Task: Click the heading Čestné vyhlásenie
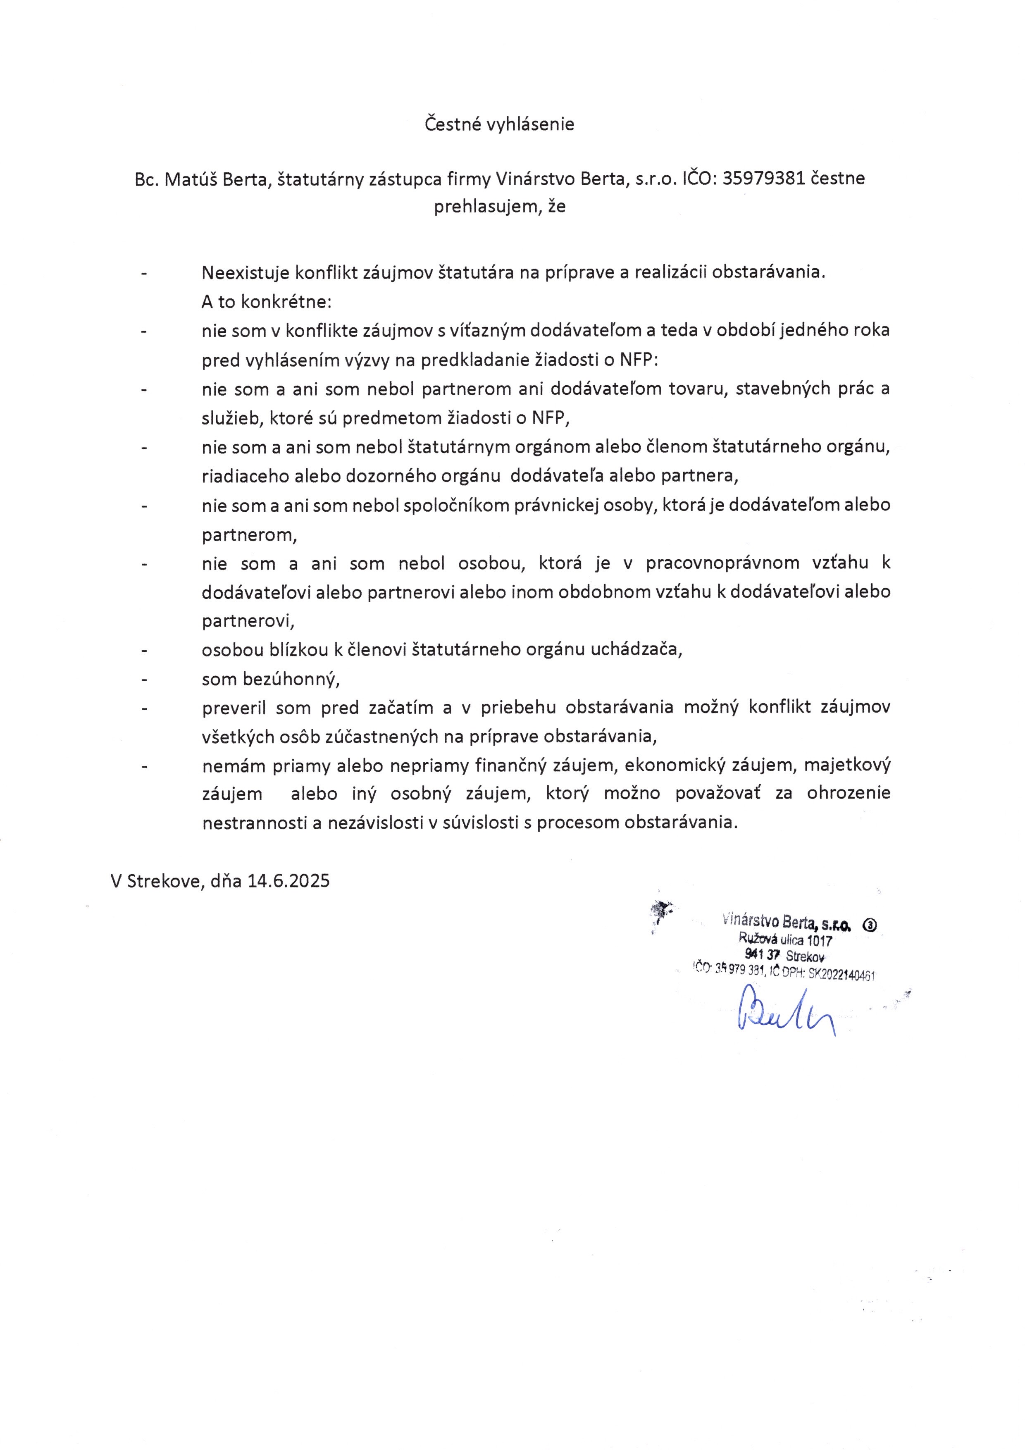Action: pos(499,124)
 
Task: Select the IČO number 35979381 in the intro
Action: pos(763,179)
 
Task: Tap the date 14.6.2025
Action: pos(288,880)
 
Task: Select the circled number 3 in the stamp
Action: pos(870,925)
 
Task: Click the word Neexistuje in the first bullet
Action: pos(245,273)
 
